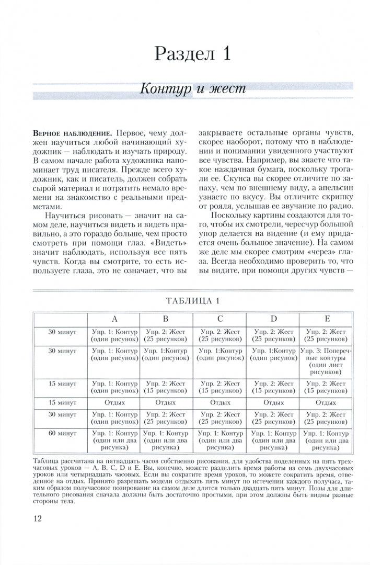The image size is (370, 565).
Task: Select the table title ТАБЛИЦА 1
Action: pos(192,300)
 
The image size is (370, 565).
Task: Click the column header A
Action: pos(114,319)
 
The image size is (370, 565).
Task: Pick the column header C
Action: pos(220,319)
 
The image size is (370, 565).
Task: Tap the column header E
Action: pos(326,319)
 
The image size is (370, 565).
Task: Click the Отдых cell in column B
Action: pos(167,402)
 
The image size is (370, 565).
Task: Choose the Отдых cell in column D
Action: pos(273,402)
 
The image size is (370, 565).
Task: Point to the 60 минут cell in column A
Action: pos(114,440)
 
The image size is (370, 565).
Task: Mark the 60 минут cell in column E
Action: pos(326,440)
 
